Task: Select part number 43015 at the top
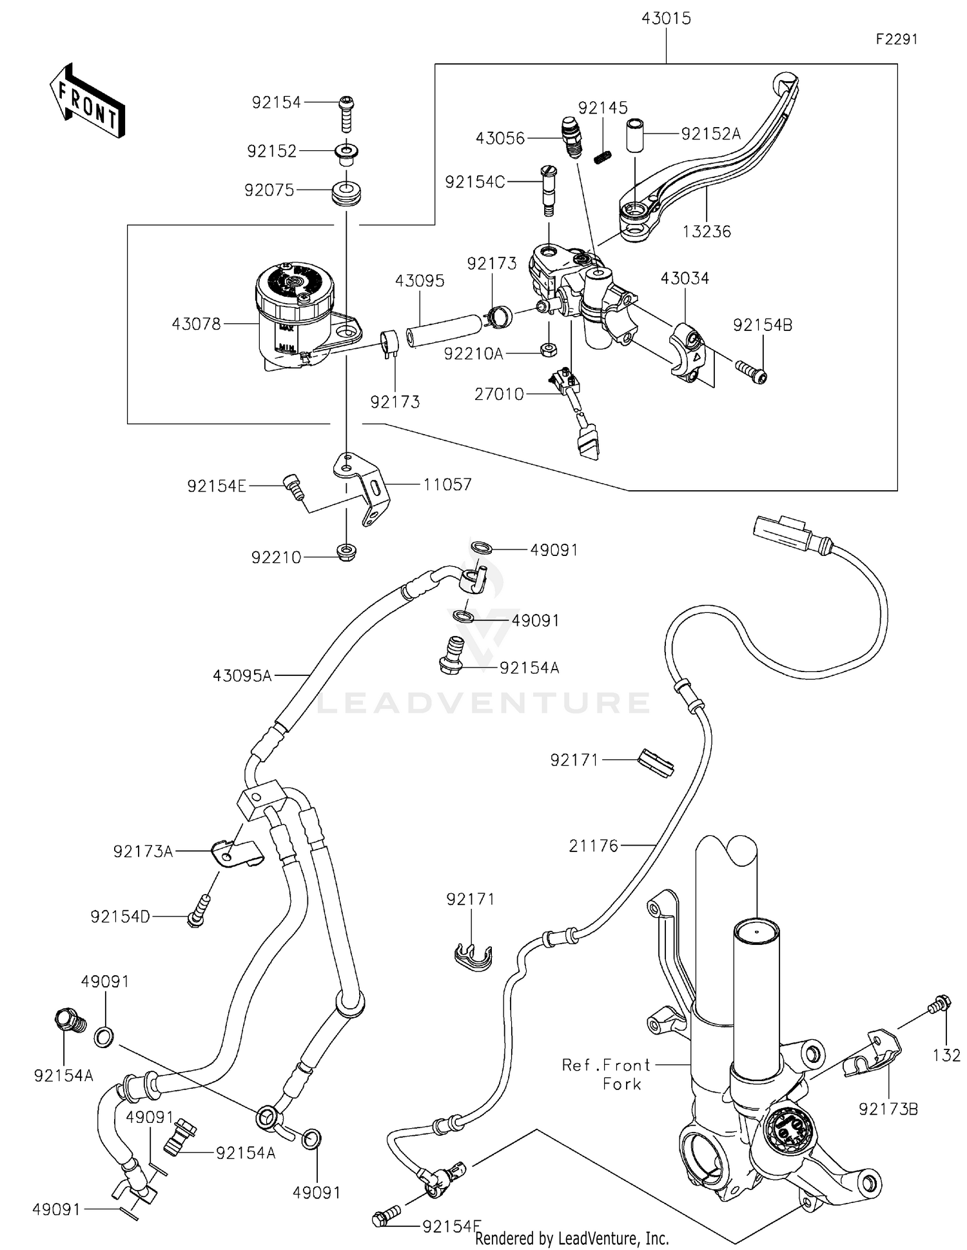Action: (666, 19)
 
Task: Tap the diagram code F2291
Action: (896, 39)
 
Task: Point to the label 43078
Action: (196, 324)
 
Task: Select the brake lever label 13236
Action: (707, 232)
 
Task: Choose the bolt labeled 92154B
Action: (750, 372)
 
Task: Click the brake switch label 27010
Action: (499, 394)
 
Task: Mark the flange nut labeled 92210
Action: (346, 553)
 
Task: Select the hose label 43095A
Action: (242, 676)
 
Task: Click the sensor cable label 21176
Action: (593, 846)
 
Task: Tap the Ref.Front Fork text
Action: (606, 1074)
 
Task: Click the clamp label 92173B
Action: (888, 1109)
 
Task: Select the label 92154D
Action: (120, 917)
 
